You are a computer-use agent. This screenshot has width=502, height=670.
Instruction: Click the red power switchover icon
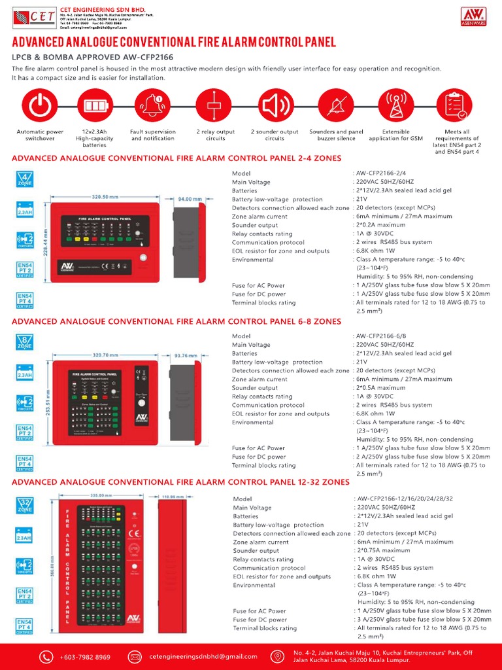[40, 105]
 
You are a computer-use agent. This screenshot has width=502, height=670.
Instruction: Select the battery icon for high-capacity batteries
[94, 105]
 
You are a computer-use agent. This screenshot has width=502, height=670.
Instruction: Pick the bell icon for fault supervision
[152, 105]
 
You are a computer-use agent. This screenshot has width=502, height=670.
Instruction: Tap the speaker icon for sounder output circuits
[275, 105]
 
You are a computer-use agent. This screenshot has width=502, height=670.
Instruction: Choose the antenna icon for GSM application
[396, 105]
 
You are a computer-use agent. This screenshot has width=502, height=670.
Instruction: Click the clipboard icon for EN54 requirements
[457, 105]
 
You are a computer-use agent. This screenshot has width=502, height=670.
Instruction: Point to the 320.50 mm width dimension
[105, 196]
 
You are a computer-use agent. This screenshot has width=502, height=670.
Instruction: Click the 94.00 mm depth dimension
[190, 198]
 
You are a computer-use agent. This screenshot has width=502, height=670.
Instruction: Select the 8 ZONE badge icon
[25, 342]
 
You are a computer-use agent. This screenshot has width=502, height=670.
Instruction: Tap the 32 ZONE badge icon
[25, 504]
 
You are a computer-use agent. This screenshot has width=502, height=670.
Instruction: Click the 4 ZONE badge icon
[25, 179]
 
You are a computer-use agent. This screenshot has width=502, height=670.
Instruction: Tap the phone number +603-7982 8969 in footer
[85, 657]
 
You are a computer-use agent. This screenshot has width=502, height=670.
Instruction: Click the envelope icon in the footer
[135, 656]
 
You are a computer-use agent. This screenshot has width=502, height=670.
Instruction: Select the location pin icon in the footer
[277, 656]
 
